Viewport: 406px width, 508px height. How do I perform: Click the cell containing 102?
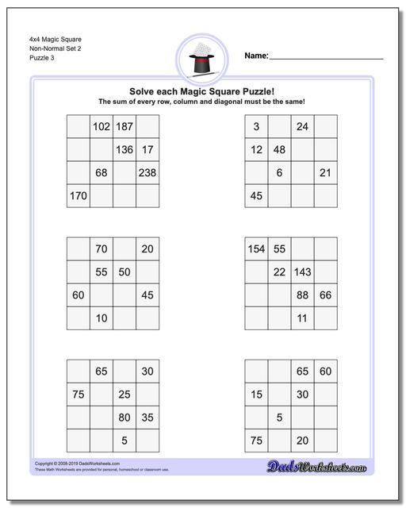(101, 126)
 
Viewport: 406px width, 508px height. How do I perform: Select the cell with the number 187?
(124, 126)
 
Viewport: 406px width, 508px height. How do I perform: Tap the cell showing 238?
(147, 172)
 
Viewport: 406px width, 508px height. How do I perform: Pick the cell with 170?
(79, 195)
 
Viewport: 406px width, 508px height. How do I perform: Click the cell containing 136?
(124, 149)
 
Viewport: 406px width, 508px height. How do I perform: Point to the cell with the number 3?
(256, 126)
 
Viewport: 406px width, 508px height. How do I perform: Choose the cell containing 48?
(279, 149)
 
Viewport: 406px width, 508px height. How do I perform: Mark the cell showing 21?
(325, 172)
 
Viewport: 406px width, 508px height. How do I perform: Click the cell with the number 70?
(101, 249)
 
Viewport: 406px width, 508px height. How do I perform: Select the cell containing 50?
(124, 272)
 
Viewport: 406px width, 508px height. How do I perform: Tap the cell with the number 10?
(101, 318)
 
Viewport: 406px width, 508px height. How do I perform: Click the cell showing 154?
(256, 249)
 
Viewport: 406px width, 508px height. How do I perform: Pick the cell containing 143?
(302, 272)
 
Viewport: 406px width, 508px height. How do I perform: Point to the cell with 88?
(302, 295)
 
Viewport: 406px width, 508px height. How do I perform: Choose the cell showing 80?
(124, 418)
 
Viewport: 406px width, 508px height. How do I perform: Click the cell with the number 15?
(256, 394)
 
